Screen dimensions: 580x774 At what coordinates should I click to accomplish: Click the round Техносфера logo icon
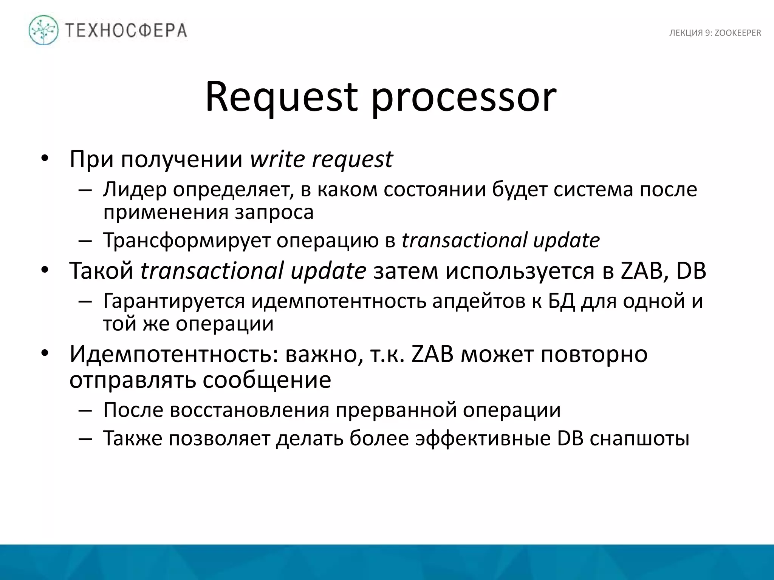(44, 30)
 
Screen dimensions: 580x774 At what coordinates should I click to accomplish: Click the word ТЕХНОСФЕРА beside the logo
(126, 31)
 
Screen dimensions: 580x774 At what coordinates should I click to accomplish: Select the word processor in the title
(464, 97)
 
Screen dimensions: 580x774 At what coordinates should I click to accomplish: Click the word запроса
(274, 213)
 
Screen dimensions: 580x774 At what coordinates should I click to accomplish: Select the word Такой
(102, 271)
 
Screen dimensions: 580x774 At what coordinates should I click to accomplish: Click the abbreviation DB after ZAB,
(691, 271)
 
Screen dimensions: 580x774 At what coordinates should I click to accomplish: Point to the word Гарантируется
(174, 301)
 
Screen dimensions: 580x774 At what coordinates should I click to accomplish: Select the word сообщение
(267, 380)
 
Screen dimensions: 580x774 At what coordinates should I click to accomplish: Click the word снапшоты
(639, 439)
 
